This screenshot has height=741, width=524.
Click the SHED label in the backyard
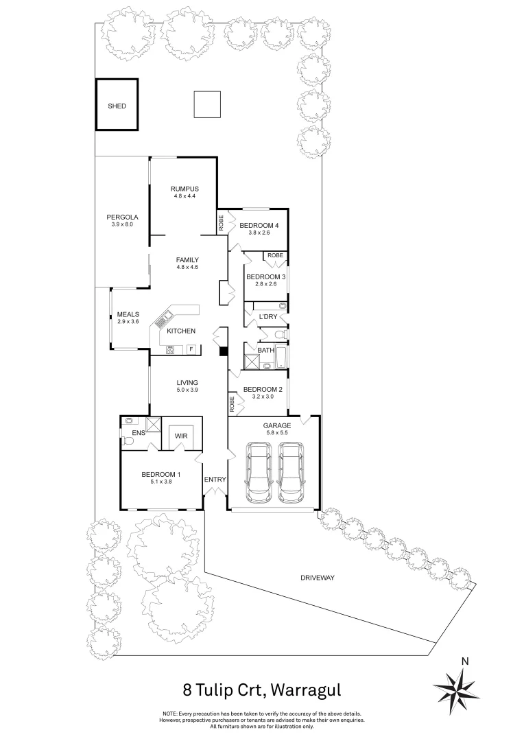tap(117, 106)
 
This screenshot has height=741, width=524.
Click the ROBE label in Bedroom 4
tap(222, 222)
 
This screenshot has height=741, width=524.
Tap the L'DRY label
tap(267, 316)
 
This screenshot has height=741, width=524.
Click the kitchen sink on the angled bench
tap(165, 318)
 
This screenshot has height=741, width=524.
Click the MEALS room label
tap(128, 314)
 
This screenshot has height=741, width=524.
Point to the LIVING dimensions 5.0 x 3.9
tap(187, 390)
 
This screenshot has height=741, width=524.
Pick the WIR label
tap(182, 435)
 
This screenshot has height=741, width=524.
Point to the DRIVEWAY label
tap(317, 578)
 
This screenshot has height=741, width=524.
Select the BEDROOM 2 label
tap(263, 388)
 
